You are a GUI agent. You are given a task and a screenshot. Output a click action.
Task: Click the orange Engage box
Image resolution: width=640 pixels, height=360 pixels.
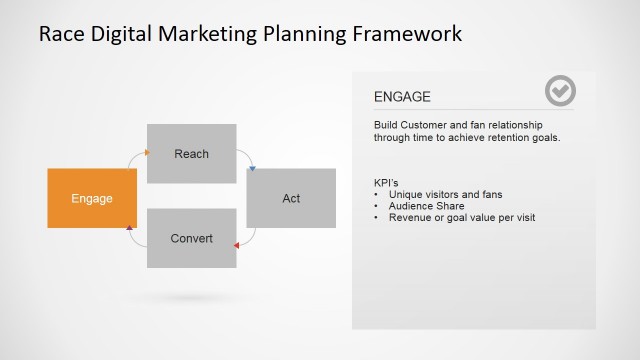tap(92, 198)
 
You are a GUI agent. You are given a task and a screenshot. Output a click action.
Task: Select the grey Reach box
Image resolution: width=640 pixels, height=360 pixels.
tap(191, 153)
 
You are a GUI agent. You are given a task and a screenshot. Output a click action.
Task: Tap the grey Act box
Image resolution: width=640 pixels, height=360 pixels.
tap(291, 198)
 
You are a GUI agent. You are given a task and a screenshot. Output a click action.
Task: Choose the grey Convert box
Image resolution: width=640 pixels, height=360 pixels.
tap(191, 238)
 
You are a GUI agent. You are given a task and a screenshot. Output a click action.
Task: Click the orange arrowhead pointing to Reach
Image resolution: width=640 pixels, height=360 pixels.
tap(146, 153)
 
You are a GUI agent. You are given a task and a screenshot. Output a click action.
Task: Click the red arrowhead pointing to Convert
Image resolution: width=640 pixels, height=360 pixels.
tap(236, 244)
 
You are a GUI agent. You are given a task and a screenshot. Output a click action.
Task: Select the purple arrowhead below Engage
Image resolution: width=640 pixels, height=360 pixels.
tap(130, 229)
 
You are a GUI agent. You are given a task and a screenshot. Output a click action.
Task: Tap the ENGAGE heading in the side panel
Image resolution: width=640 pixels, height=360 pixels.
tap(402, 97)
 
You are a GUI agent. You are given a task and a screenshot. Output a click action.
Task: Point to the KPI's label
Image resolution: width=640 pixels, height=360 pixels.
tap(386, 182)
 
